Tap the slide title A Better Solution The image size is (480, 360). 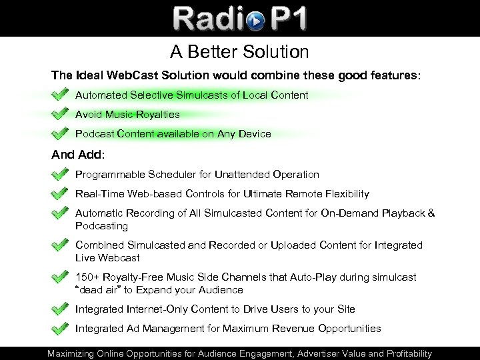click(239, 51)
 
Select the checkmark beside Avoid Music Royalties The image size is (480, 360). click(61, 114)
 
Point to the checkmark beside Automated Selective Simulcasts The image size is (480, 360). click(61, 95)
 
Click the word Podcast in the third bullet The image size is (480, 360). click(94, 134)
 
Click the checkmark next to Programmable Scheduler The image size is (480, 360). click(61, 175)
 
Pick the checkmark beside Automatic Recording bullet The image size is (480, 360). click(61, 214)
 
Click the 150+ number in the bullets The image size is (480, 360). click(86, 277)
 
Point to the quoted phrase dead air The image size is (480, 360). click(100, 290)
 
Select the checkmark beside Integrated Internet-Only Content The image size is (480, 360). click(61, 309)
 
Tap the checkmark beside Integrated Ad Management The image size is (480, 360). click(61, 329)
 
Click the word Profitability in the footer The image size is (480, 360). click(401, 353)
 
